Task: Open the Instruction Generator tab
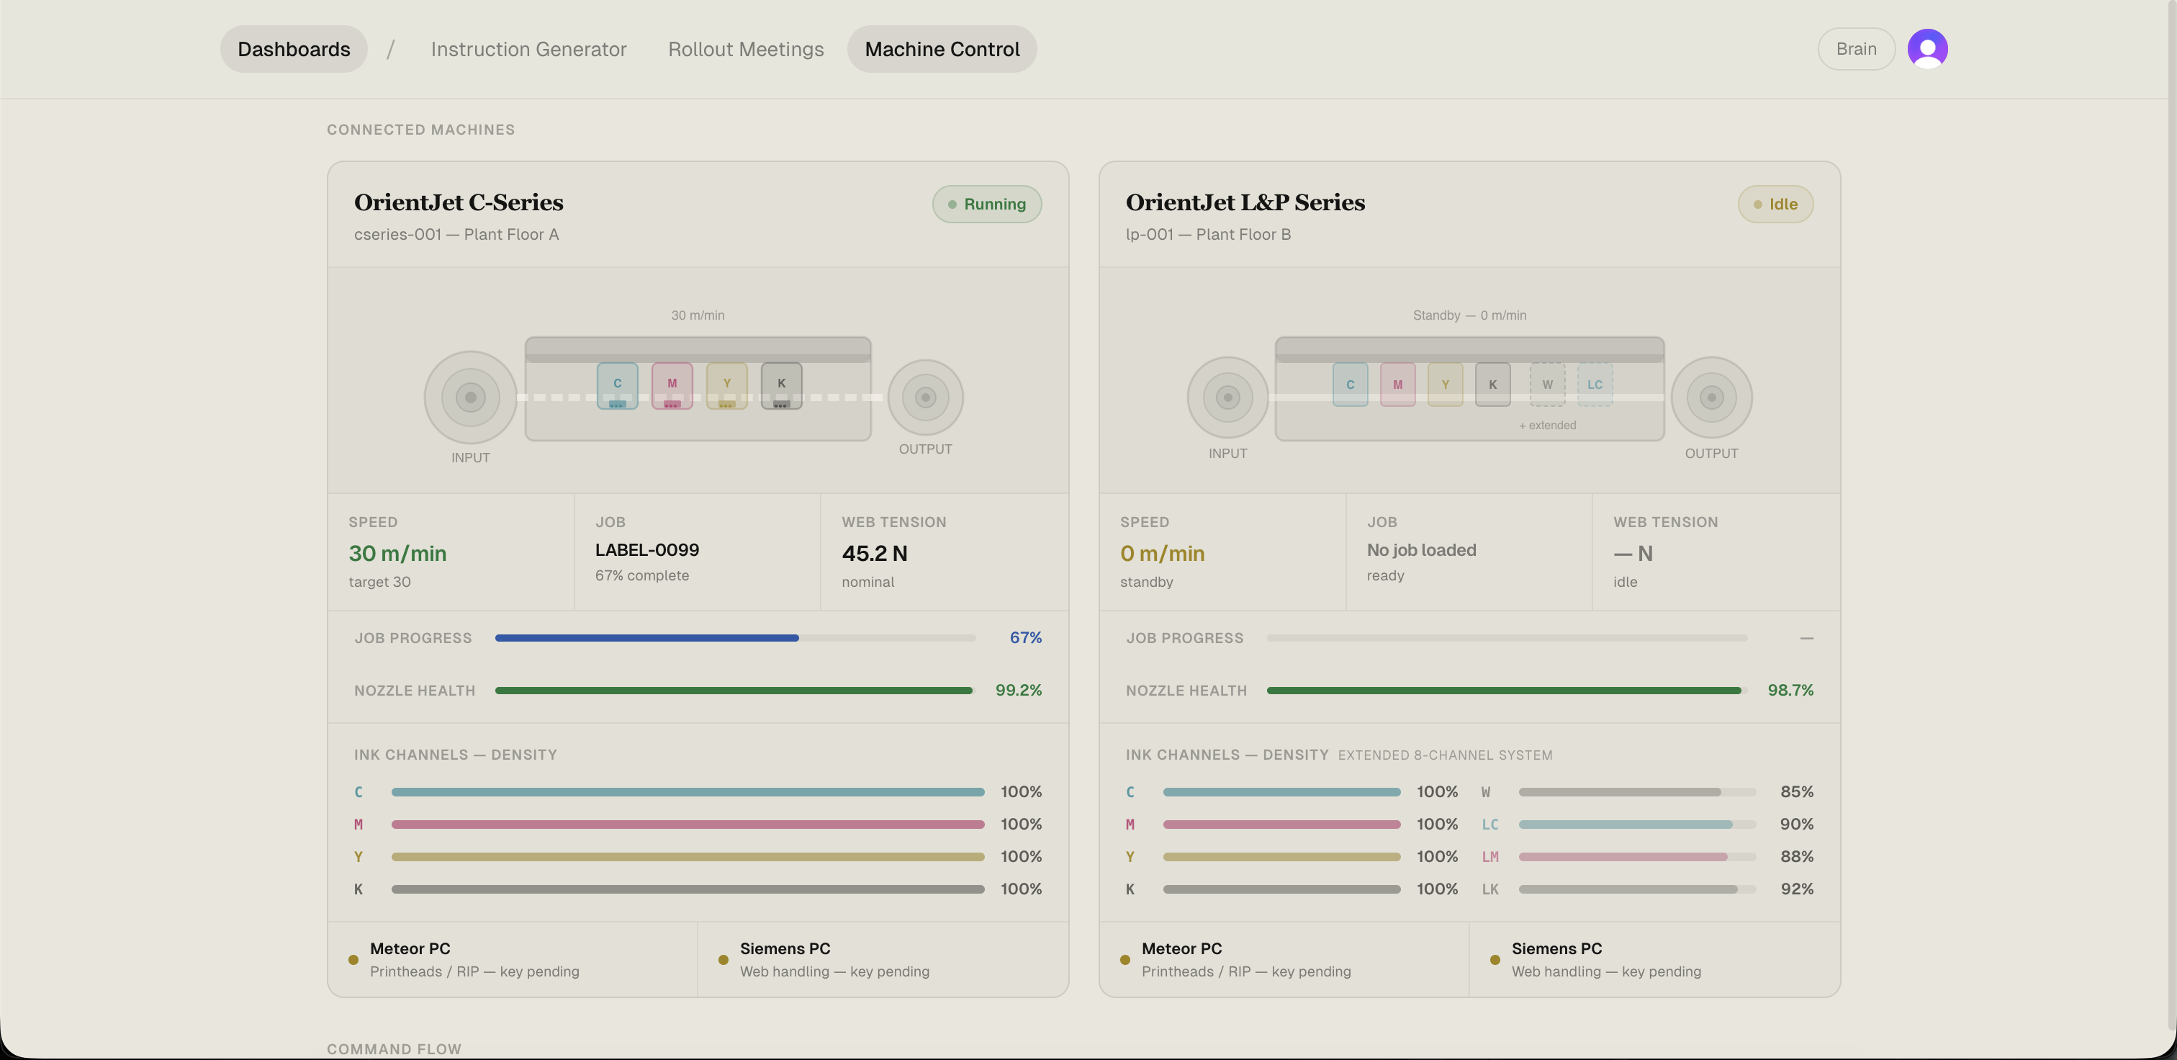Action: pos(528,49)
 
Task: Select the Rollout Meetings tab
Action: pos(745,49)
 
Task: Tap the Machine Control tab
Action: pos(942,49)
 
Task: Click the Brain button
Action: pos(1856,49)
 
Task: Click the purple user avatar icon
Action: pos(1927,48)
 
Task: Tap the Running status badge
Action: pos(986,204)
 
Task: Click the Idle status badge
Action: pos(1775,204)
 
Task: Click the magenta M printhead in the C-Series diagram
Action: pos(672,385)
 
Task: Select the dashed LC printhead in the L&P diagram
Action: pos(1595,385)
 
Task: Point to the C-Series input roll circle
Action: pos(471,397)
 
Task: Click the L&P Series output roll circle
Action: pos(1711,397)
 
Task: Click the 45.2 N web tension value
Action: pos(874,554)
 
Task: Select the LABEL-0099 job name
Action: pos(646,550)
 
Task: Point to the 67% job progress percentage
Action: pos(1025,637)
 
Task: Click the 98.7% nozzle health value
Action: pos(1790,690)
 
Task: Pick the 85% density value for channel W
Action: pos(1796,792)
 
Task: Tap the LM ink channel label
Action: pos(1490,856)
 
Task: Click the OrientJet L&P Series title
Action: pos(1245,203)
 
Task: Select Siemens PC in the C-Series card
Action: pos(784,948)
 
